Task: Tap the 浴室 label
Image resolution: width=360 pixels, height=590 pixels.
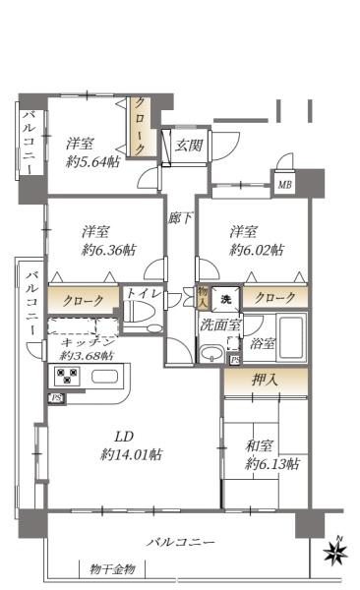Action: pos(263,344)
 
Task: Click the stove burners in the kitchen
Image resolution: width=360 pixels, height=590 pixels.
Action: pos(66,377)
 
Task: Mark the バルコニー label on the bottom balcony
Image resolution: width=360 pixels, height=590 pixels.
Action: pos(182,542)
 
